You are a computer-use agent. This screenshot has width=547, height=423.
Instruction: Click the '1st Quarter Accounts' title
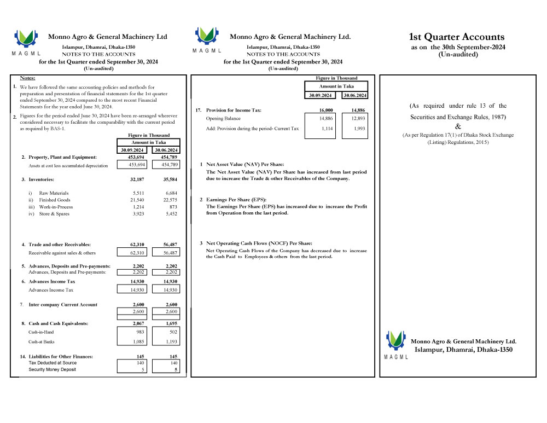457,37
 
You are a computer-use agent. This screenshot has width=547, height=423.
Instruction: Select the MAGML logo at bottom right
397,344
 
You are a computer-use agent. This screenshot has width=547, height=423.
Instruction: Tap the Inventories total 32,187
137,179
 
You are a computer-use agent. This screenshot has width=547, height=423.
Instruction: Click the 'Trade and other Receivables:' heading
60,245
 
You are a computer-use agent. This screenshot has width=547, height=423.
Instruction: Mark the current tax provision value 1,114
320,129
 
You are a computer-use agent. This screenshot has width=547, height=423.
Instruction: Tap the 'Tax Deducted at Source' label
53,363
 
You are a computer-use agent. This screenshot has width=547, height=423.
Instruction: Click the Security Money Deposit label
53,369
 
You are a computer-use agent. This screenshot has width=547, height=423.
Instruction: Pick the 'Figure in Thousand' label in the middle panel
336,78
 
